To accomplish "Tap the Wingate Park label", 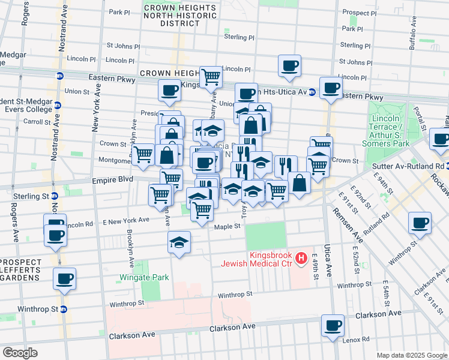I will point(144,277).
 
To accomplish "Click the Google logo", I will point(20,353).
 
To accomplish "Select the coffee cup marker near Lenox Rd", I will point(332,326).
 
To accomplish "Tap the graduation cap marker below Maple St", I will point(179,242).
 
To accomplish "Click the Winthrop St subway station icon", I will point(63,310).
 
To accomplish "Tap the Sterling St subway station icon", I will point(55,196).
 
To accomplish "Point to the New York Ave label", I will point(95,114).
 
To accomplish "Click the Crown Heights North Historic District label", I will point(172,14).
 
